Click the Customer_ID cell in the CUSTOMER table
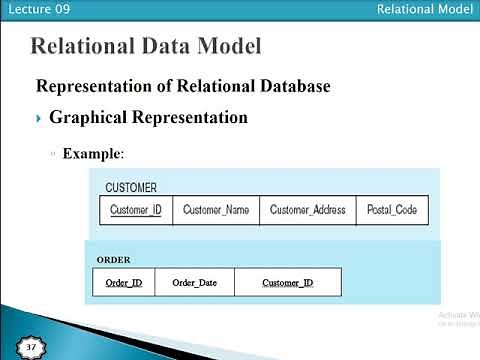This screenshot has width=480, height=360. (136, 210)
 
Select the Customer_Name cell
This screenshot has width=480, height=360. (216, 210)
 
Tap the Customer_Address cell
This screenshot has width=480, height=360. (307, 210)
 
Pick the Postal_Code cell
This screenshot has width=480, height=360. (392, 210)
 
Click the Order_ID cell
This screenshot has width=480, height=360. (123, 283)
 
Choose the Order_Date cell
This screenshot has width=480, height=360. (194, 283)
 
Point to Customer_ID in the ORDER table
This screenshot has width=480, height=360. (287, 283)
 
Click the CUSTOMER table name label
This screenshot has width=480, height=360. (131, 188)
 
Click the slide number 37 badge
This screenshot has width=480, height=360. (31, 347)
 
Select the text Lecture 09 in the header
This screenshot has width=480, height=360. (31, 9)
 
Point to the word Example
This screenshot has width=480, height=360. (93, 154)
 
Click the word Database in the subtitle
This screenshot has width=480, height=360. (290, 86)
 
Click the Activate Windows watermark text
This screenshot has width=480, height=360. (459, 315)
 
